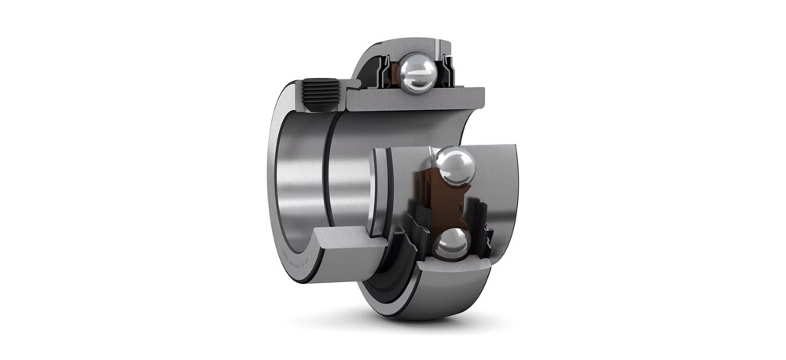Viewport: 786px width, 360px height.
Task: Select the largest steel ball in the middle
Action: tap(455, 167)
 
